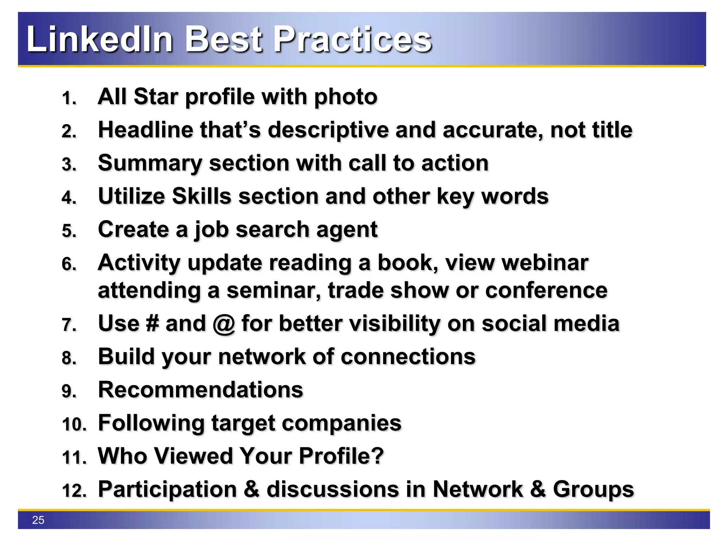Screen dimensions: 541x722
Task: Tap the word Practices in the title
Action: click(352, 39)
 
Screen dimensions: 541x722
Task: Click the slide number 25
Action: click(38, 520)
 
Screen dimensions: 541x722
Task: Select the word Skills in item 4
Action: click(201, 196)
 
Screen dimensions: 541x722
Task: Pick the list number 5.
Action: click(68, 231)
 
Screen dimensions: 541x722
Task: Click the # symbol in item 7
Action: click(152, 323)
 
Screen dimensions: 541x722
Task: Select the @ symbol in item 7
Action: click(224, 324)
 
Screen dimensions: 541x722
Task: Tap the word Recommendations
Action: click(200, 390)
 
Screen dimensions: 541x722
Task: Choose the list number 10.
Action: click(74, 424)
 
